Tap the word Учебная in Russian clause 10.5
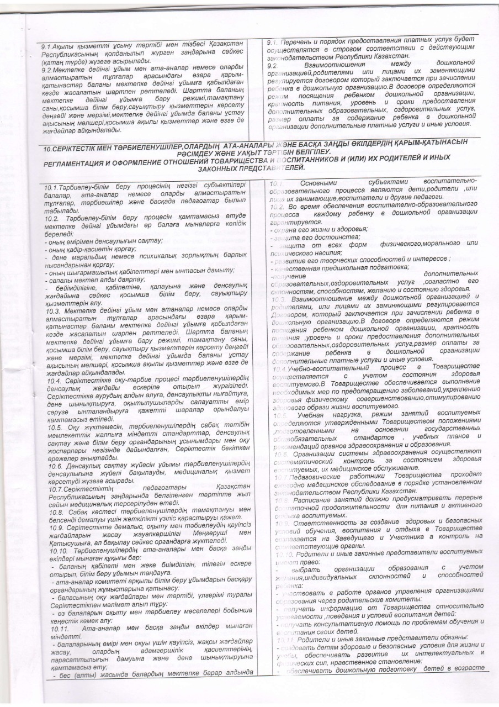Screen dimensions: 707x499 click(x=312, y=414)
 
